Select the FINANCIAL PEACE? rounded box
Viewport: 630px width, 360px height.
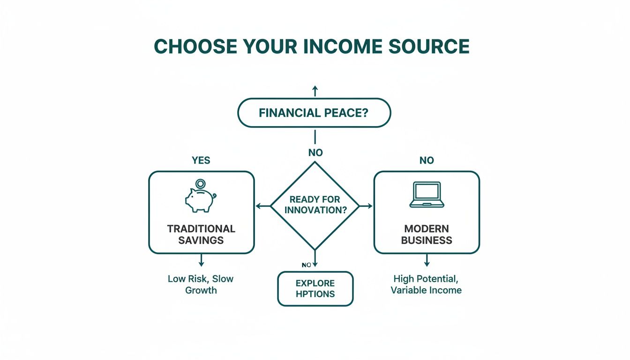pyautogui.click(x=314, y=113)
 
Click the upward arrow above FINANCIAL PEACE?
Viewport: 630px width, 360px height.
pyautogui.click(x=315, y=91)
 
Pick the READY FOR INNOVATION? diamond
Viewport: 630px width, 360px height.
pyautogui.click(x=315, y=205)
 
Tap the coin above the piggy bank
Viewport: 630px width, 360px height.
pyautogui.click(x=201, y=184)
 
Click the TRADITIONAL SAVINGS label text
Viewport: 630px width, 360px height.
pyautogui.click(x=201, y=234)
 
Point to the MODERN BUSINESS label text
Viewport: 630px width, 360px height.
pyautogui.click(x=427, y=234)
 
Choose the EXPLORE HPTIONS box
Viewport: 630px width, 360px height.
pyautogui.click(x=315, y=289)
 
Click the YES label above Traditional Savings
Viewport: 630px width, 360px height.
pyautogui.click(x=201, y=160)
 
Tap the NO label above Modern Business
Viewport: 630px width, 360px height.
pyautogui.click(x=427, y=160)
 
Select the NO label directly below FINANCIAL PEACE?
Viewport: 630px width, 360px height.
pyautogui.click(x=315, y=152)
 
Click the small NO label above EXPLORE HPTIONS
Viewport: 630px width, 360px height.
pyautogui.click(x=307, y=265)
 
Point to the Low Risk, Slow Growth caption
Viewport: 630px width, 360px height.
pyautogui.click(x=201, y=284)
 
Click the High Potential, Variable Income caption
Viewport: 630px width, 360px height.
pyautogui.click(x=426, y=284)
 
